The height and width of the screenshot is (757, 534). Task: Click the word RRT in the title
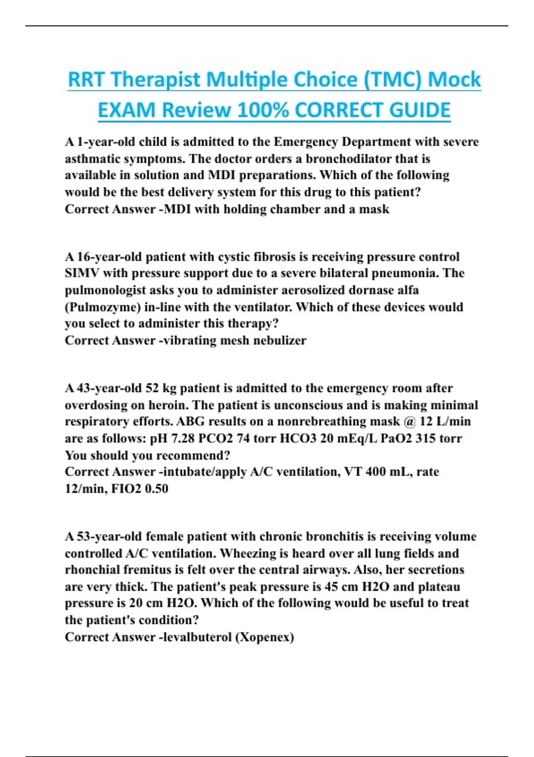click(x=87, y=80)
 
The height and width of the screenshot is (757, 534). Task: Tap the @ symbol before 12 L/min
click(x=409, y=422)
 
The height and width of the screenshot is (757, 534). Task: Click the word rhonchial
click(x=92, y=570)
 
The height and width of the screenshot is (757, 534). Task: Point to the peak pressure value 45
click(x=331, y=587)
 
